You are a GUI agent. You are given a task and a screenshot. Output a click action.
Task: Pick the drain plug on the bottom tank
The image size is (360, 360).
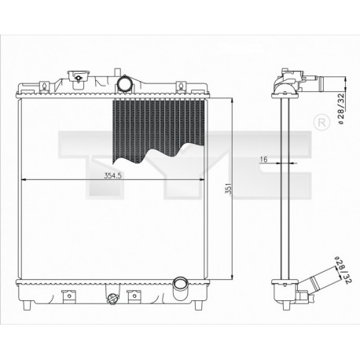112,298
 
